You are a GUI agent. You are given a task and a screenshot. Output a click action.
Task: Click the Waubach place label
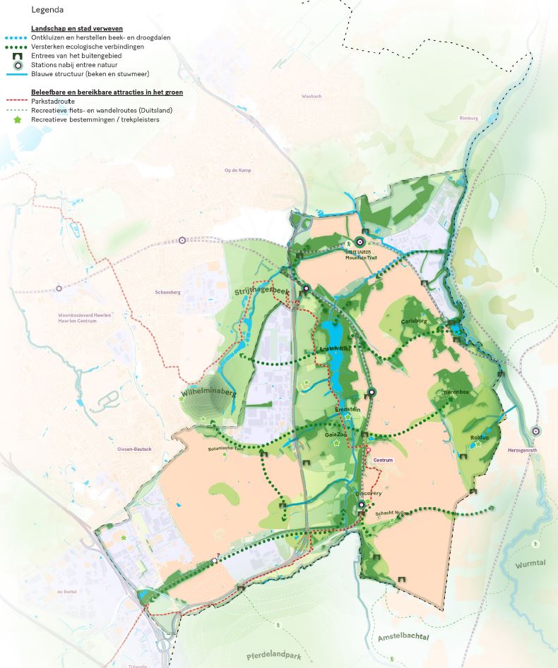pos(311,96)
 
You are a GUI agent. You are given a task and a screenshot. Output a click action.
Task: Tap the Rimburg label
pos(468,119)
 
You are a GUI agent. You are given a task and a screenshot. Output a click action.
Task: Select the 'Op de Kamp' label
pos(237,171)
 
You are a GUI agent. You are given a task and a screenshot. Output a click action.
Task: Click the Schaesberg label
pos(168,291)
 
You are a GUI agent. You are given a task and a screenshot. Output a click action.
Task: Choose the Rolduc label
pos(480,438)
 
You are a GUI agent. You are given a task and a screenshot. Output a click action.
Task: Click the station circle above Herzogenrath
pos(535,431)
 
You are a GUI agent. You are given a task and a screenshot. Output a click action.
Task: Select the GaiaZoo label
pos(336,435)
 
